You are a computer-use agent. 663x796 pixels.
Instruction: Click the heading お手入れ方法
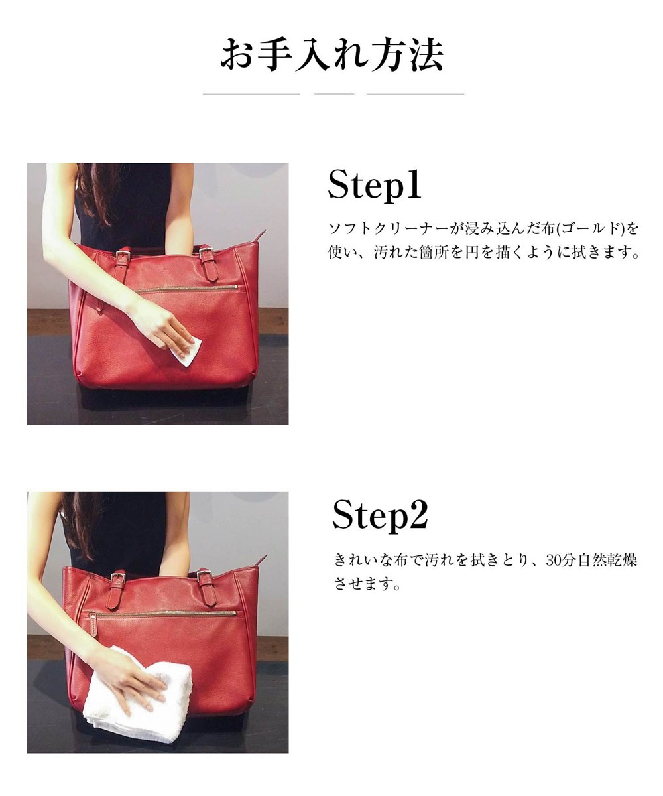click(331, 54)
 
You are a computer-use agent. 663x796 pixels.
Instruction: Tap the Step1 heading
click(375, 184)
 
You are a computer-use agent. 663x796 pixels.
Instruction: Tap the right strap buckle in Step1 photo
click(206, 254)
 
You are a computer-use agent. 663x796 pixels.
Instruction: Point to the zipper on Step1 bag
click(189, 289)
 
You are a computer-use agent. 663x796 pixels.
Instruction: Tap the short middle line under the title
click(333, 94)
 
